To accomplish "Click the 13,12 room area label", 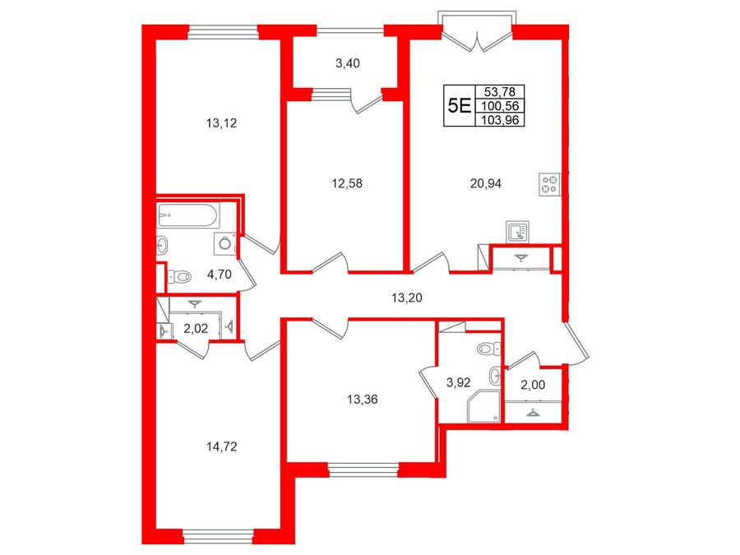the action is pyautogui.click(x=221, y=123).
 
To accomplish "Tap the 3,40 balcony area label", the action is pyautogui.click(x=348, y=63).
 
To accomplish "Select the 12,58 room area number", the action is pyautogui.click(x=347, y=183).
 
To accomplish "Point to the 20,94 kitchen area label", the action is pyautogui.click(x=486, y=183).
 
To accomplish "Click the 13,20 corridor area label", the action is pyautogui.click(x=407, y=298).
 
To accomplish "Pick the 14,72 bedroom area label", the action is pyautogui.click(x=221, y=446).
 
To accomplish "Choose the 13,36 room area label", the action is pyautogui.click(x=363, y=400).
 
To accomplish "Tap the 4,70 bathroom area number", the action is pyautogui.click(x=220, y=274).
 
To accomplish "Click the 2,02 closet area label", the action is pyautogui.click(x=196, y=328).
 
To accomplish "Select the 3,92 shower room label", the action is pyautogui.click(x=458, y=382).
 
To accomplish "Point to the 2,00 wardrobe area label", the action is pyautogui.click(x=533, y=385).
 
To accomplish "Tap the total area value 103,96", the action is pyautogui.click(x=500, y=120).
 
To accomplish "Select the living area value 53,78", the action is pyautogui.click(x=500, y=91).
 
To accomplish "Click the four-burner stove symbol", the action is pyautogui.click(x=549, y=184).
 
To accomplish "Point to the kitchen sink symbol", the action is pyautogui.click(x=518, y=232).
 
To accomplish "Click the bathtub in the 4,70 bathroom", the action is pyautogui.click(x=187, y=215).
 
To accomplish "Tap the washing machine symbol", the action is pyautogui.click(x=225, y=244).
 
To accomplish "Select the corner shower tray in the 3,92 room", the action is pyautogui.click(x=483, y=406).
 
